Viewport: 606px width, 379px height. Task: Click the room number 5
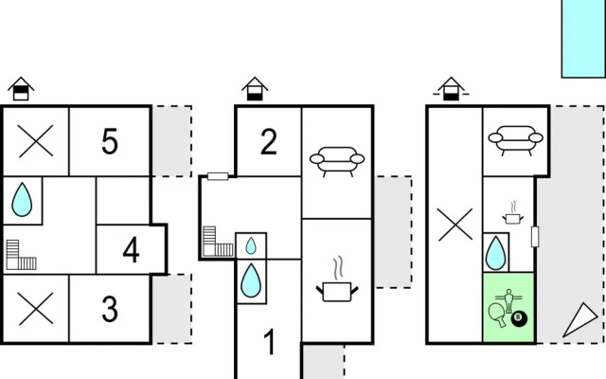tap(110, 142)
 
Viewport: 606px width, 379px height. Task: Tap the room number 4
tap(131, 250)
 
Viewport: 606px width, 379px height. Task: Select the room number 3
tap(110, 309)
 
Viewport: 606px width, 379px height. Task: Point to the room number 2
tap(269, 142)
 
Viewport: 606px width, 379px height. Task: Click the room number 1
tap(270, 341)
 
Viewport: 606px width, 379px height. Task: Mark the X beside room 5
tap(36, 141)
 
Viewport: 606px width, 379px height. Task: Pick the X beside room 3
tap(36, 308)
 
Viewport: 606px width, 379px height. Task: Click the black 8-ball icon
tap(519, 318)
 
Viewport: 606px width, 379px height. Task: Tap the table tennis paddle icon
tap(497, 314)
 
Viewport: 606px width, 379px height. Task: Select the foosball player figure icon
tap(508, 300)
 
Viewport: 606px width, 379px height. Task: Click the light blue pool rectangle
tap(583, 39)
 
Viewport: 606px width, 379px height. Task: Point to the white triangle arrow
tap(580, 320)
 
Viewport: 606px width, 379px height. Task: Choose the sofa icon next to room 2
tap(337, 161)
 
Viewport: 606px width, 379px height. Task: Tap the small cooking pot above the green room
tap(513, 213)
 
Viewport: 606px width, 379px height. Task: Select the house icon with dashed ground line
tap(451, 89)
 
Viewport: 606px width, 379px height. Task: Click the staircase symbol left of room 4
tap(22, 255)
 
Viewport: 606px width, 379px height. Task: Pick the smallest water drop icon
tap(251, 245)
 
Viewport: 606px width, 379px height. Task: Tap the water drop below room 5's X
tap(22, 200)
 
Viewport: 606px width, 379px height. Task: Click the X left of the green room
tap(455, 225)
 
